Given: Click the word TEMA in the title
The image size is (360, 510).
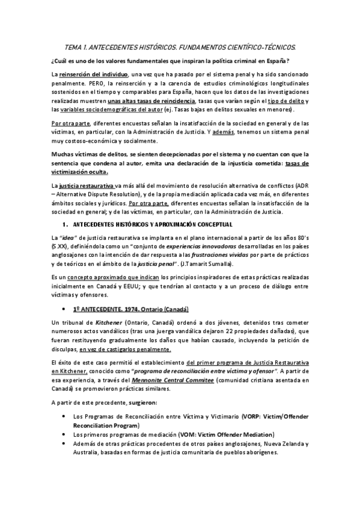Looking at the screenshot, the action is (73, 46).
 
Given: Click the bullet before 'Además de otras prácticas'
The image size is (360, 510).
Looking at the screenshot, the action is (64, 443).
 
